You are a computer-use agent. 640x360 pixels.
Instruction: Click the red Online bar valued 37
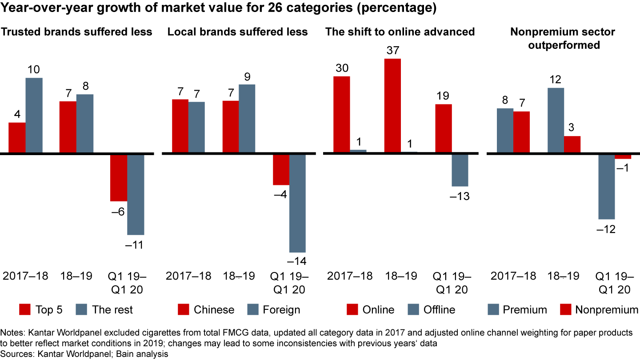(392, 106)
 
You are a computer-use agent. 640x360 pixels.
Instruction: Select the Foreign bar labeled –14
(297, 203)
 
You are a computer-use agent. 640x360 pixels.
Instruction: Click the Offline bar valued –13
(460, 170)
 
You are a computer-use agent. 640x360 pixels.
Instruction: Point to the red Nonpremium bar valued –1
(623, 156)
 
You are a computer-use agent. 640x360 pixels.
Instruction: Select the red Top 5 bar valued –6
(119, 178)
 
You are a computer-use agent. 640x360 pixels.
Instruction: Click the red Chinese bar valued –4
(281, 169)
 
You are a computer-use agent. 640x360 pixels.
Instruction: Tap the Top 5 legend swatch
(25, 309)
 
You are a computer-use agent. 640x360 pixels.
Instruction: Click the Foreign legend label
(281, 310)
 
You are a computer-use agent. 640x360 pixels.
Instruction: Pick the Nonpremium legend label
(607, 310)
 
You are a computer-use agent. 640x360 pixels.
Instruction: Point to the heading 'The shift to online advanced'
(400, 32)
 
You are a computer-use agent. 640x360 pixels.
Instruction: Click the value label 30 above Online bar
(341, 68)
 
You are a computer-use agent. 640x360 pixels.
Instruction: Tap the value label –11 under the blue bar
(135, 245)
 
